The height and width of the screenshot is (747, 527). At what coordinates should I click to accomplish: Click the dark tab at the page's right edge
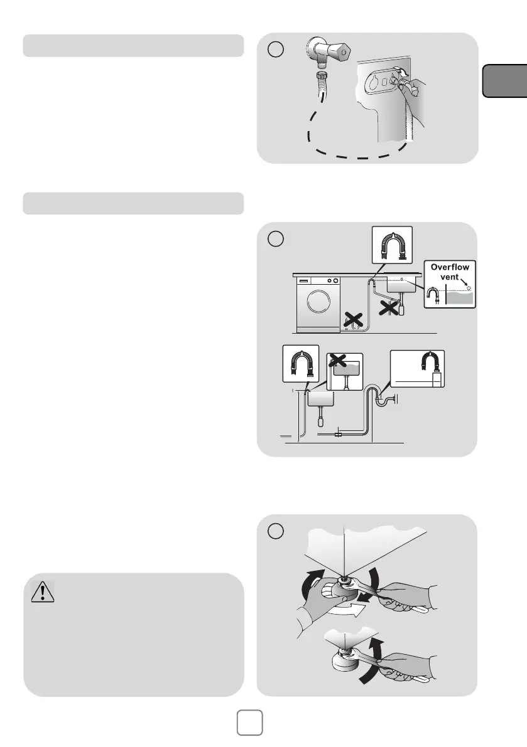(x=504, y=80)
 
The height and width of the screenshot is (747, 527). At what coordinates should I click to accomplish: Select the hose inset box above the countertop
(x=391, y=245)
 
